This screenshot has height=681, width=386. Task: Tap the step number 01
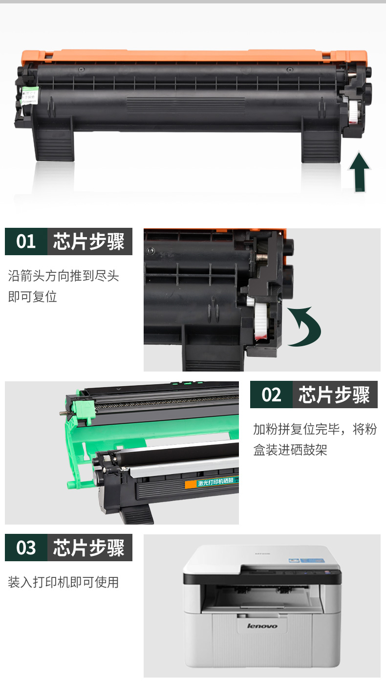tap(26, 242)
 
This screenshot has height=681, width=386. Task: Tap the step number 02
tap(271, 395)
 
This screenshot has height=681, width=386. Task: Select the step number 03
tap(26, 548)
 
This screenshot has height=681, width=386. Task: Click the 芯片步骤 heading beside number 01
tap(89, 242)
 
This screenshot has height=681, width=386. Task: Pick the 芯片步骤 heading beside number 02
tap(335, 395)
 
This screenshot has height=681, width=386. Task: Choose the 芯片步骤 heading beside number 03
tap(89, 548)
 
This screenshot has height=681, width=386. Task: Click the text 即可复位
tap(32, 297)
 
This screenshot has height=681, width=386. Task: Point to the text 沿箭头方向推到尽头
tap(64, 276)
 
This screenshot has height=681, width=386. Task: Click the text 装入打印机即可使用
tap(64, 582)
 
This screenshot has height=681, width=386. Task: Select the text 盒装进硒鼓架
tap(290, 450)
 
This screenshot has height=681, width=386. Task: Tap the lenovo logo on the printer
tap(262, 626)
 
